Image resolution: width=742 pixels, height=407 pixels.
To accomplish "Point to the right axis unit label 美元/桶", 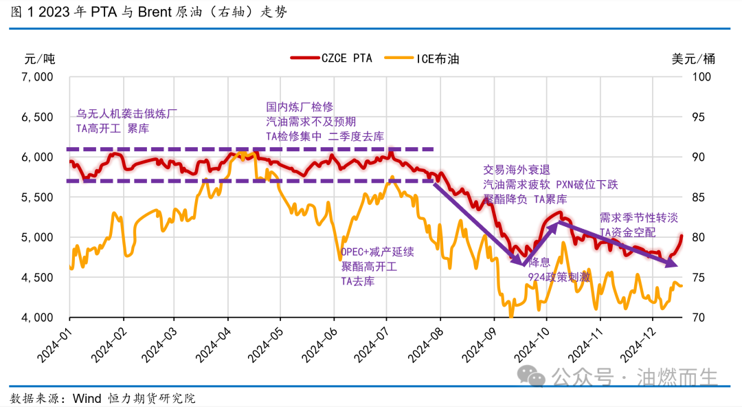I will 693,58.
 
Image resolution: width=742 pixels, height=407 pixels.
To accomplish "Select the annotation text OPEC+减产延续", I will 377,252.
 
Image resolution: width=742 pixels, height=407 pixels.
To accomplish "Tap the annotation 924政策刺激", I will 559,277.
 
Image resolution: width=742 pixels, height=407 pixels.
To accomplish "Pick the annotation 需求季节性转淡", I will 639,218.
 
